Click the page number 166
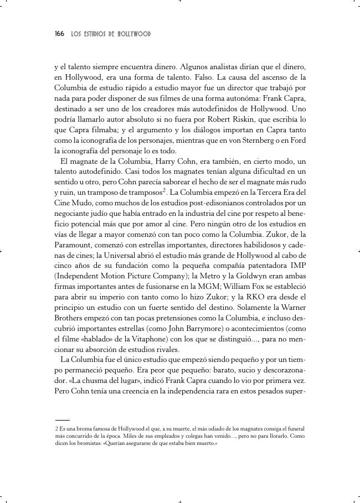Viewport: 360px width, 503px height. point(59,34)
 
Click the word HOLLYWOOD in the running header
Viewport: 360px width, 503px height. point(135,34)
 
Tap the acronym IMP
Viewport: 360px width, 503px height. point(297,266)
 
